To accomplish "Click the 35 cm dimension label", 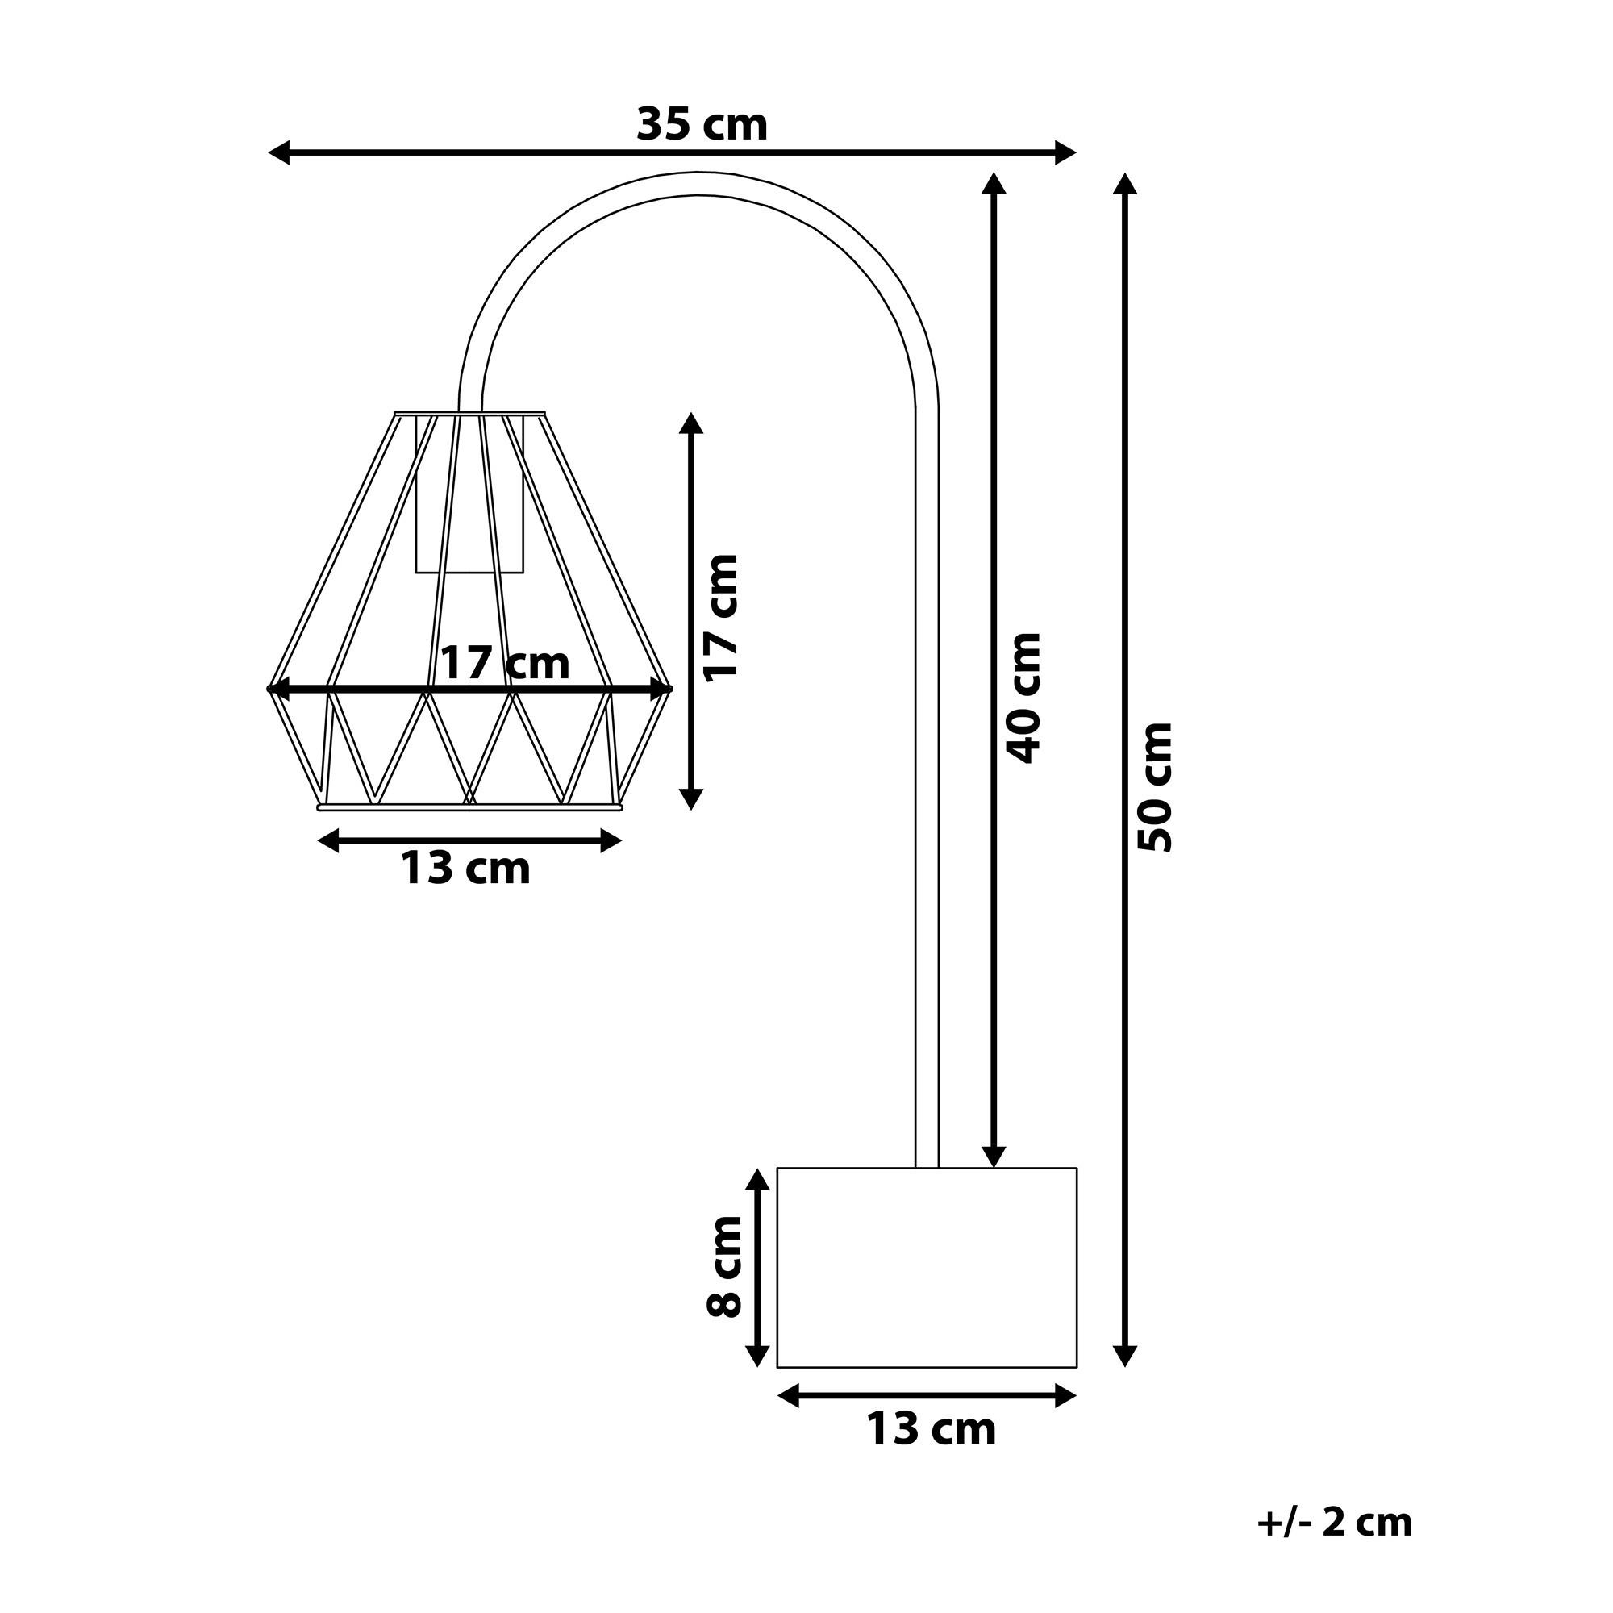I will (x=702, y=125).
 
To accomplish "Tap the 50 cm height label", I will (x=1157, y=786).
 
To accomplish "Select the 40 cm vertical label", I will (x=1024, y=698).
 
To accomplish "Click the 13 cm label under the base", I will (x=931, y=1428).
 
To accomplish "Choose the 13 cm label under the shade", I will (x=466, y=869).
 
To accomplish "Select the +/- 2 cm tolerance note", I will (x=1334, y=1523).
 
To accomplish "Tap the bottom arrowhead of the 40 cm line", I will (x=993, y=1157).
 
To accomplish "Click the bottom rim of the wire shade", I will (x=469, y=806).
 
